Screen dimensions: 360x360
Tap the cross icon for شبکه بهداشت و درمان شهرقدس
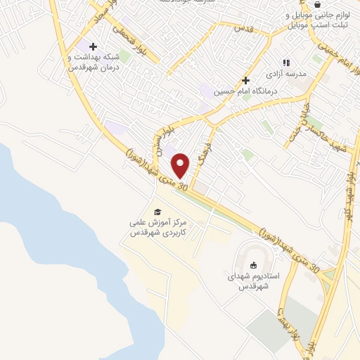[93, 46]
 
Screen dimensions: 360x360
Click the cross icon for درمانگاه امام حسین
[245, 80]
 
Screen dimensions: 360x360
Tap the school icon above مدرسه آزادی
[285, 62]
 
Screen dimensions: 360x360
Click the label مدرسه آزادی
[285, 73]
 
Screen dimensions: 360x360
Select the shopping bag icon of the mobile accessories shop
[318, 4]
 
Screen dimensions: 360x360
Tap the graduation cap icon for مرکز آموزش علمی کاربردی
[157, 212]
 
